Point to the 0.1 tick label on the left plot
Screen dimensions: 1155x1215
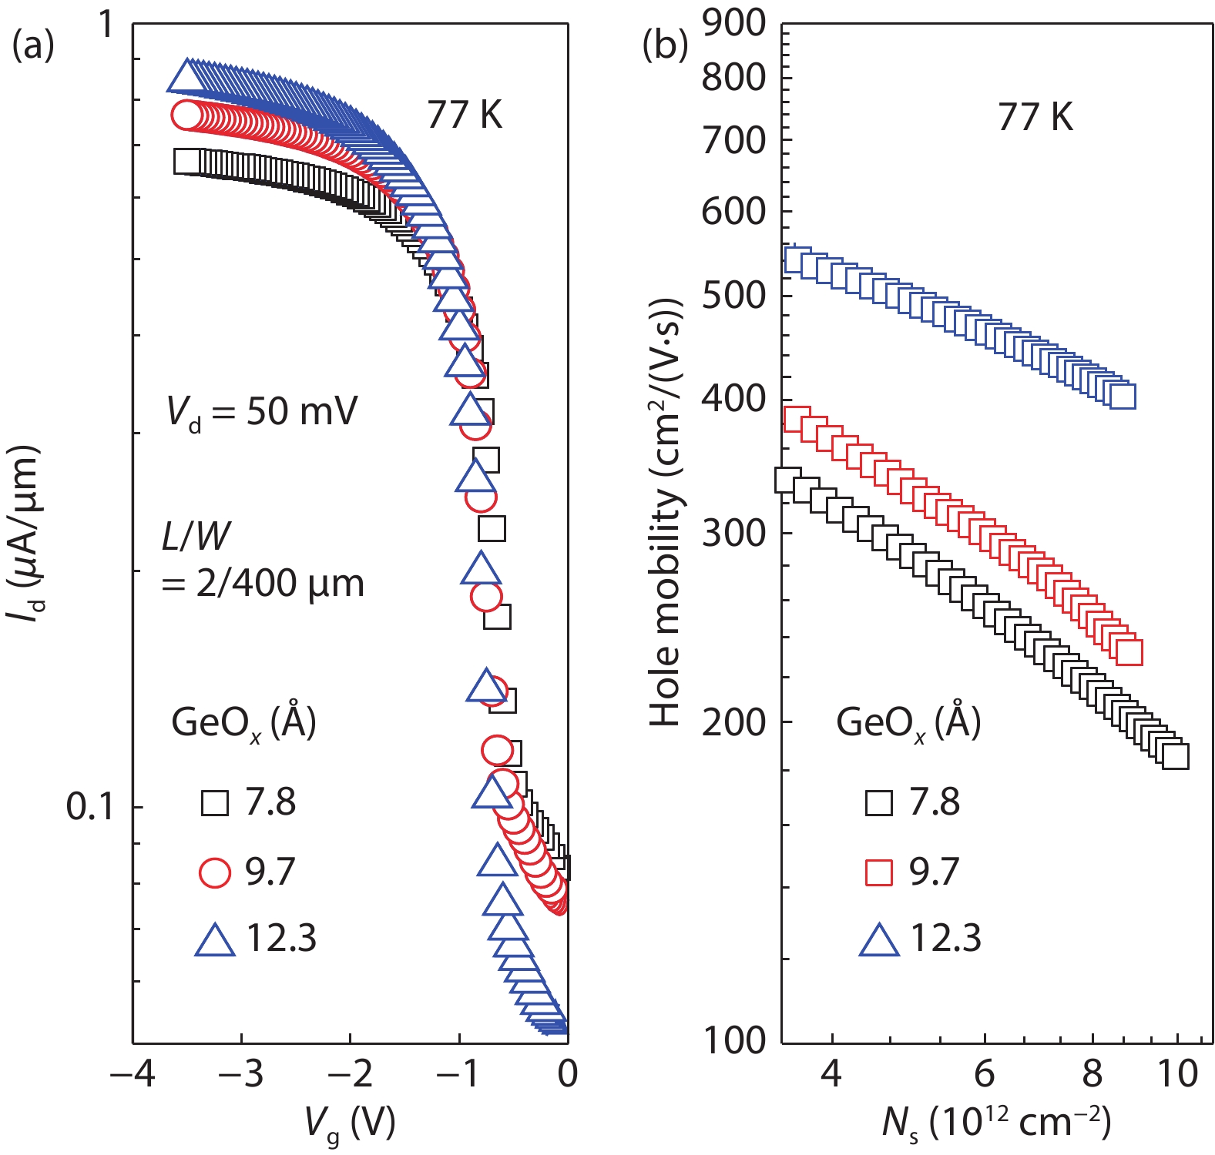pyautogui.click(x=90, y=806)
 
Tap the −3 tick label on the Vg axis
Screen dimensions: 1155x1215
pyautogui.click(x=241, y=1074)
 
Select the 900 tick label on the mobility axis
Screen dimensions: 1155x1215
pyautogui.click(x=733, y=23)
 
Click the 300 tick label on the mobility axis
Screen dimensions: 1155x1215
pyautogui.click(x=733, y=533)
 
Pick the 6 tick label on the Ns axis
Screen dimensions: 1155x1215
pyautogui.click(x=985, y=1074)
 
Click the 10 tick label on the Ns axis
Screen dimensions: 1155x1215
pyautogui.click(x=1178, y=1074)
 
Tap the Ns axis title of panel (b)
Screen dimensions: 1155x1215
pyautogui.click(x=996, y=1123)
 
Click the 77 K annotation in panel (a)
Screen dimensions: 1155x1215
pyautogui.click(x=465, y=115)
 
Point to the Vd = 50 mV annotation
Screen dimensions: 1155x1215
pyautogui.click(x=262, y=412)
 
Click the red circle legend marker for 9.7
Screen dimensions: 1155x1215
pyautogui.click(x=214, y=872)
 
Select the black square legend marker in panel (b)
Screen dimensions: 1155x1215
pyautogui.click(x=879, y=803)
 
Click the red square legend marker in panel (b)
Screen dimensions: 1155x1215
pyautogui.click(x=879, y=872)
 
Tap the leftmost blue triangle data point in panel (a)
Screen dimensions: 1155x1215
pyautogui.click(x=185, y=76)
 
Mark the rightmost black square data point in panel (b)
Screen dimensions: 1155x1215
pyautogui.click(x=1175, y=755)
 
